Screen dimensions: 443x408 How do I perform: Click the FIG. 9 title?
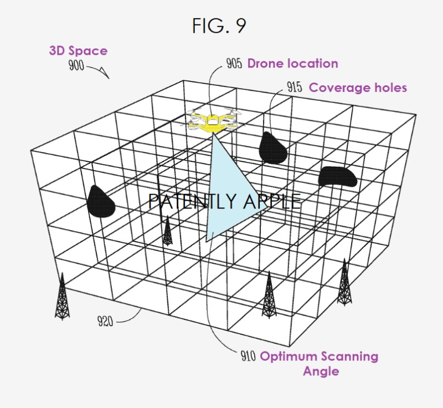pyautogui.click(x=219, y=25)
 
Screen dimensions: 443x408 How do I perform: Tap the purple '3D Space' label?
pyautogui.click(x=78, y=51)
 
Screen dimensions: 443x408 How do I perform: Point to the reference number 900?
pyautogui.click(x=76, y=65)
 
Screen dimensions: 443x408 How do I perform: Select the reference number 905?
pyautogui.click(x=234, y=63)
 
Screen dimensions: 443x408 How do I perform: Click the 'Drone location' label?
pyautogui.click(x=293, y=63)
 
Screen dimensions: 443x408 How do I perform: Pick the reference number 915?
pyautogui.click(x=295, y=87)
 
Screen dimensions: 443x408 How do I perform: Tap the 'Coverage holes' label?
pyautogui.click(x=358, y=88)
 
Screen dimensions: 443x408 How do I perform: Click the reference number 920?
pyautogui.click(x=105, y=321)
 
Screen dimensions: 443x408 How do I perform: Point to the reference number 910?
pyautogui.click(x=248, y=356)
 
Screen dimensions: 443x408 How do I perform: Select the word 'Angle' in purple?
pyautogui.click(x=321, y=371)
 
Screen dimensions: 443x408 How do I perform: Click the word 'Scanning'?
pyautogui.click(x=349, y=356)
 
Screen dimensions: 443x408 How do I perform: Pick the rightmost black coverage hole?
pyautogui.click(x=337, y=176)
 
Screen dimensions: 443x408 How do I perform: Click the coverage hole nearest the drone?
pyautogui.click(x=273, y=147)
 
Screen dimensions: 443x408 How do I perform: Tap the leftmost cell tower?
pyautogui.click(x=62, y=297)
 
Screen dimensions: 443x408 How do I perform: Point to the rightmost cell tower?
pyautogui.click(x=344, y=282)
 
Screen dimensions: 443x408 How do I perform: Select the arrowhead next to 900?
pyautogui.click(x=105, y=73)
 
